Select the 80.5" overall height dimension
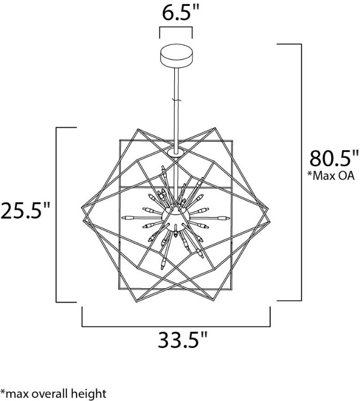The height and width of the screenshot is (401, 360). point(334,159)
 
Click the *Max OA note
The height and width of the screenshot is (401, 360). point(332,175)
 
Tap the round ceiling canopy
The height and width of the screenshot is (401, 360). point(177,55)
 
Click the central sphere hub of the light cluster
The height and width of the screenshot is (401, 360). point(177,218)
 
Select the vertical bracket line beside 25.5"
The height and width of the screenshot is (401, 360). point(57,214)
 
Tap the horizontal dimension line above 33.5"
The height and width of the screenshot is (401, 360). point(176,325)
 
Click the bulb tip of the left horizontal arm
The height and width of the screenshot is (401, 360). point(126,218)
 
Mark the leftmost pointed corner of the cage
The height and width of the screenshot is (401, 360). point(80,209)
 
